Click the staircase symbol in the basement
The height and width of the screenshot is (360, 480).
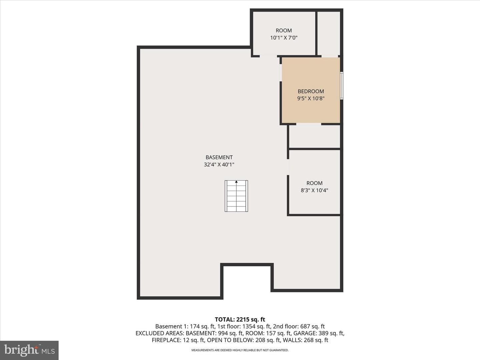coord(236,196)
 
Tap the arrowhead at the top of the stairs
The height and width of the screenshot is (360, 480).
coord(236,182)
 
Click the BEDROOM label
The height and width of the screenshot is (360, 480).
coord(311,91)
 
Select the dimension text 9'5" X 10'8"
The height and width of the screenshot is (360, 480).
coord(311,98)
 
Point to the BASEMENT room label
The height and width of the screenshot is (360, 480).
coord(219,157)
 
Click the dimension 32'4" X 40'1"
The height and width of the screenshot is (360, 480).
coord(219,165)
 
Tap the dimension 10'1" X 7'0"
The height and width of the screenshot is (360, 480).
coord(284,38)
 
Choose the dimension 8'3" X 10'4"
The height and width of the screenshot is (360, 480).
coord(314,190)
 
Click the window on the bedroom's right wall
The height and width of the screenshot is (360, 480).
coord(342,86)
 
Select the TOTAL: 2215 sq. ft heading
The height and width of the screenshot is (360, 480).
coord(240,320)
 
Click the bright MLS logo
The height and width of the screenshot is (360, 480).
coord(29,350)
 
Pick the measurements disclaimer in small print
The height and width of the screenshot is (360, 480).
coord(240,350)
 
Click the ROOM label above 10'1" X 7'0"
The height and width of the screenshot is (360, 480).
coord(284,31)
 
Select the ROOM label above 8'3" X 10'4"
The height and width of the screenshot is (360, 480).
coord(314,183)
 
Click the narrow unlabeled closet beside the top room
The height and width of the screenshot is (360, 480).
coord(329,33)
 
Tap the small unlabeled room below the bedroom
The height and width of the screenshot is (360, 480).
coord(315,136)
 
